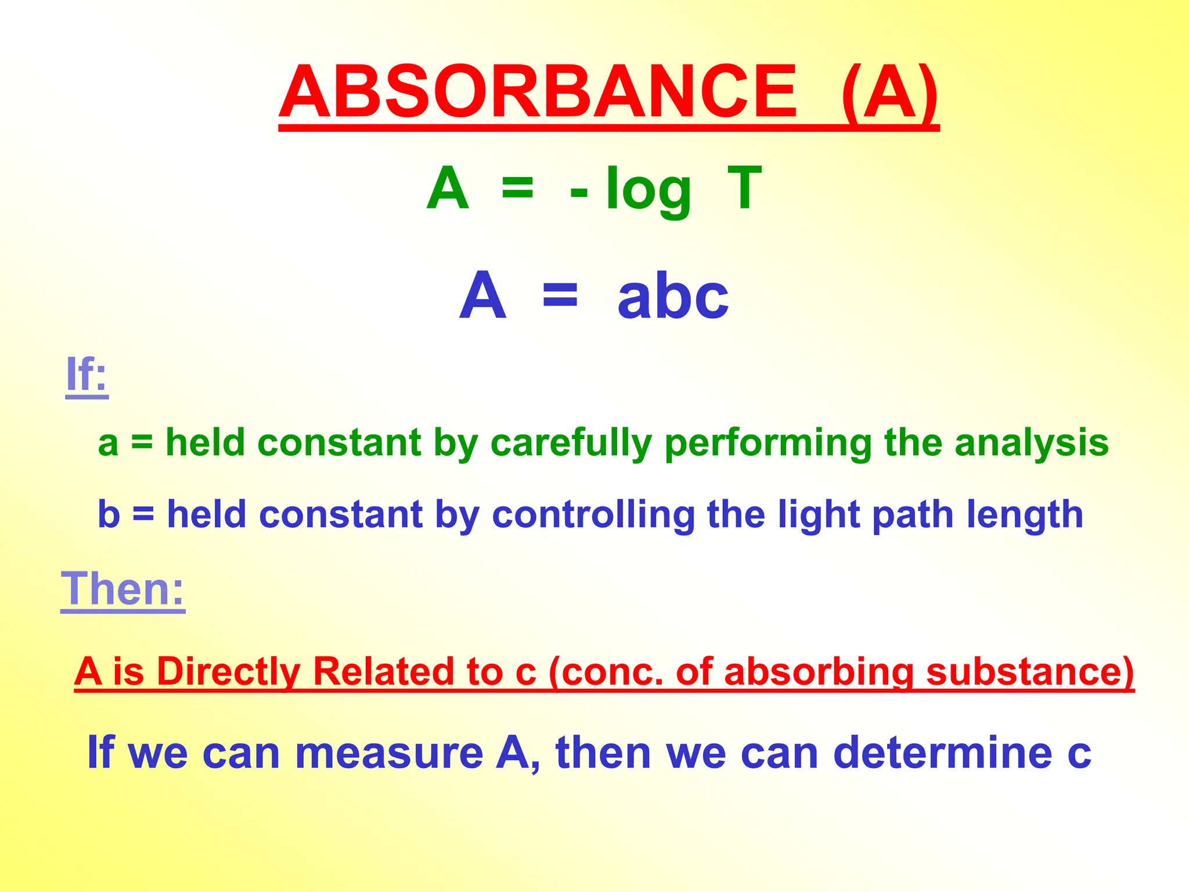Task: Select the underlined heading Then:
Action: click(x=123, y=589)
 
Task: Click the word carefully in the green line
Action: click(x=571, y=443)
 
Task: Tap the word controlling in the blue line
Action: click(x=593, y=515)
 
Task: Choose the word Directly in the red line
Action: click(x=228, y=672)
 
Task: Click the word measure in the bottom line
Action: click(x=389, y=753)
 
